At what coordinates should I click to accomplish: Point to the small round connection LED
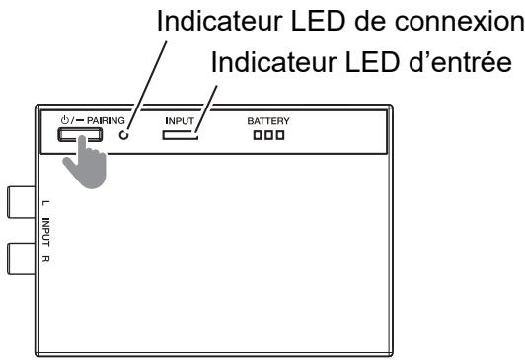[x=124, y=135]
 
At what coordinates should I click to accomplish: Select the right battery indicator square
[x=281, y=135]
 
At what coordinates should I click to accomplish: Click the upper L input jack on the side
[x=20, y=202]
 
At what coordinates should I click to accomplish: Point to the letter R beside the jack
[x=47, y=260]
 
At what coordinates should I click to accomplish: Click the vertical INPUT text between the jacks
[x=47, y=233]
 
